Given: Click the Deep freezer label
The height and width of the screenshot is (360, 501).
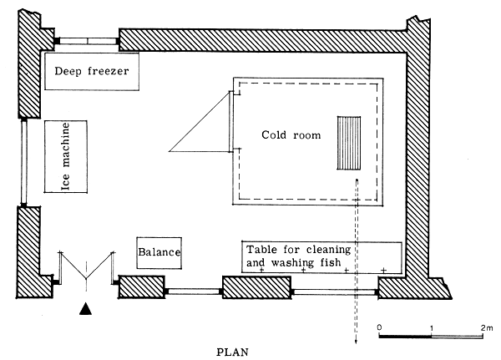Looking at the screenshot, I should pos(91,72).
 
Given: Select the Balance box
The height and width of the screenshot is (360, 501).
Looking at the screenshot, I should pos(159,252).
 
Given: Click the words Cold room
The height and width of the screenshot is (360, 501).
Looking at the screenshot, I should pos(291,135).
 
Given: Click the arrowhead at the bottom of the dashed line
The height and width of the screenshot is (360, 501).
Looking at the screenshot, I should pos(357,339).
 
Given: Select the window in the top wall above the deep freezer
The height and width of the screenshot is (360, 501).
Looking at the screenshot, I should pos(86,39).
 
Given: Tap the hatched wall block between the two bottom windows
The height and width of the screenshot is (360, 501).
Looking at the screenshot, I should pos(256,286).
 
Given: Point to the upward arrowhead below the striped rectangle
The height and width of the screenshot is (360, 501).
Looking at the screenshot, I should pos(357,180).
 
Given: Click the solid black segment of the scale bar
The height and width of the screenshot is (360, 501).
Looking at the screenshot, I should pos(406,336).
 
